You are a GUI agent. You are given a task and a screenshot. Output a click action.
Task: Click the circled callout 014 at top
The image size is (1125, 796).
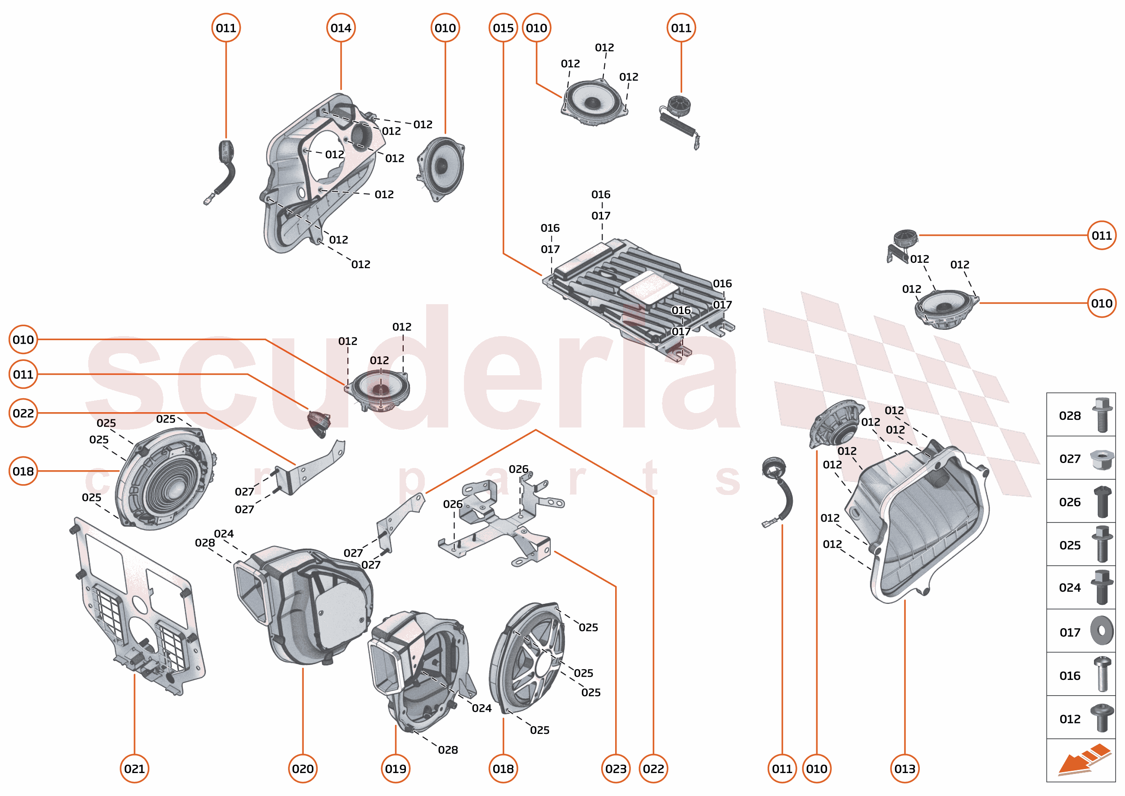point(341,28)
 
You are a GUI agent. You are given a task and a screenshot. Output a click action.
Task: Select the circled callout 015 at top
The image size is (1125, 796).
point(503,28)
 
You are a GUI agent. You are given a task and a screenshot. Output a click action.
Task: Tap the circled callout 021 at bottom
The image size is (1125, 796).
point(134,769)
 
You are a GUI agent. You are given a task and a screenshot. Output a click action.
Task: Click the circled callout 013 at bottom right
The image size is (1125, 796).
point(904,769)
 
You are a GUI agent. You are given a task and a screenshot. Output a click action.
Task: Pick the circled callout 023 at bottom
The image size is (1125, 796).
point(616,769)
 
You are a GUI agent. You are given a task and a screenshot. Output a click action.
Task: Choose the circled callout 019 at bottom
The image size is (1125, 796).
point(396,769)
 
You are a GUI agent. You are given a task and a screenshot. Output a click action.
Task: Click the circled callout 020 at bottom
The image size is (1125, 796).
point(302,769)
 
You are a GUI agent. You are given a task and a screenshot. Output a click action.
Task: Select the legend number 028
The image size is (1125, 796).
point(1070,416)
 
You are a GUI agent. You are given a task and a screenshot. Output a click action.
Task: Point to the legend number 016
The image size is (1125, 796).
point(1070,676)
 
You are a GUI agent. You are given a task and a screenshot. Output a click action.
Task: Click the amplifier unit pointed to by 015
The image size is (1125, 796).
point(637,294)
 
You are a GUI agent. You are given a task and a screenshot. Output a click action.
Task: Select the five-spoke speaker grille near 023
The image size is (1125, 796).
point(529,657)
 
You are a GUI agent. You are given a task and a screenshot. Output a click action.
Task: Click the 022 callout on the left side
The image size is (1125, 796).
point(23,413)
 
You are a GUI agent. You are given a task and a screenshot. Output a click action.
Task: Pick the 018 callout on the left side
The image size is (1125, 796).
point(23,471)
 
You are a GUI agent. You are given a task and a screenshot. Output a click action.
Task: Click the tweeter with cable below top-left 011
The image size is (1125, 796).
point(223,166)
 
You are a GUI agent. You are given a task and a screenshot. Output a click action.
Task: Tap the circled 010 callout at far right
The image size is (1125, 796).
point(1102,303)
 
